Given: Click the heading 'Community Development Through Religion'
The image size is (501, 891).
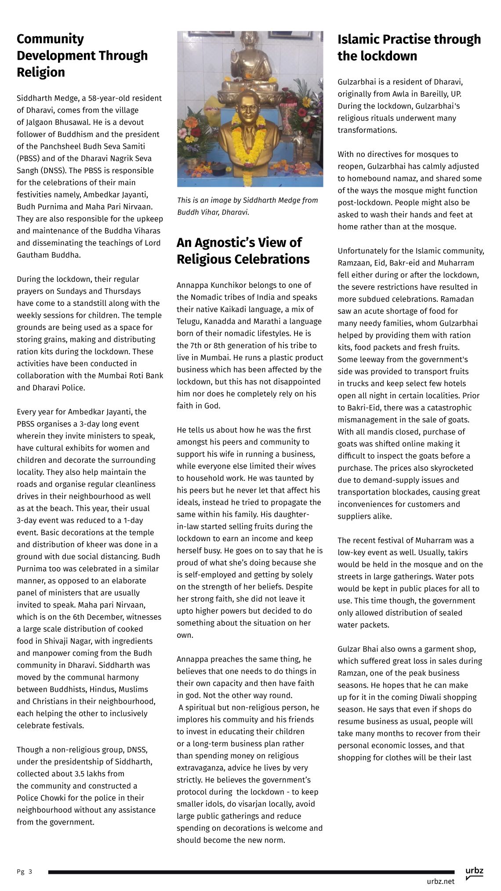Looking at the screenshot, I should pos(82,55).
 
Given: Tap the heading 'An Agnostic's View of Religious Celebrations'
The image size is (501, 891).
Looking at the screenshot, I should pos(243,251).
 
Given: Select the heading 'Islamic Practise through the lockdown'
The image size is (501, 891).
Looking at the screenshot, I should pos(409,47).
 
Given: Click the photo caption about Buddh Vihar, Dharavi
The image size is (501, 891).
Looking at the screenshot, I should pos(247,206).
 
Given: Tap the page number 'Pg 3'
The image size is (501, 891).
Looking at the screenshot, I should pos(25,872).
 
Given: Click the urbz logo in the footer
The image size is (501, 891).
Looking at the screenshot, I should pos(474,872).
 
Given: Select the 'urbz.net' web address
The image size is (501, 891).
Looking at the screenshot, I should pos(440,881).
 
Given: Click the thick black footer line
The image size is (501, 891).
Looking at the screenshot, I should pos(251,872).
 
